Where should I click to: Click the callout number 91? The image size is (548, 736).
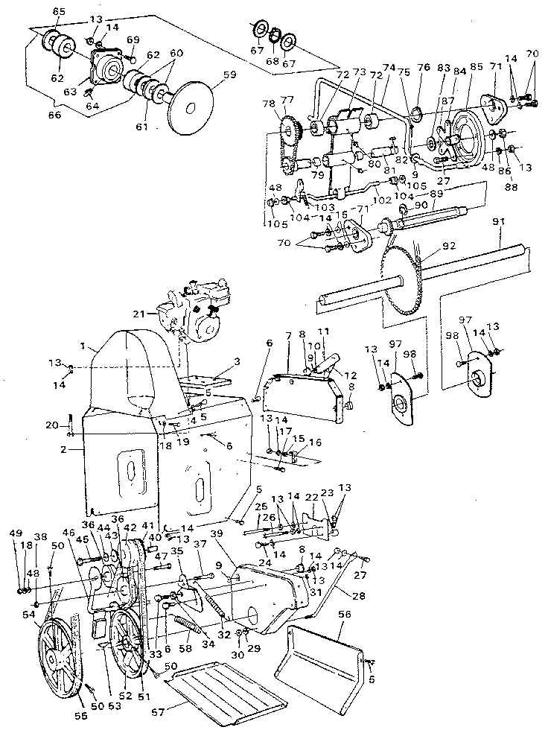[497, 221]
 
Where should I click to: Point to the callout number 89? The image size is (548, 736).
[436, 192]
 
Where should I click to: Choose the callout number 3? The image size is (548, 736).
[236, 361]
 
